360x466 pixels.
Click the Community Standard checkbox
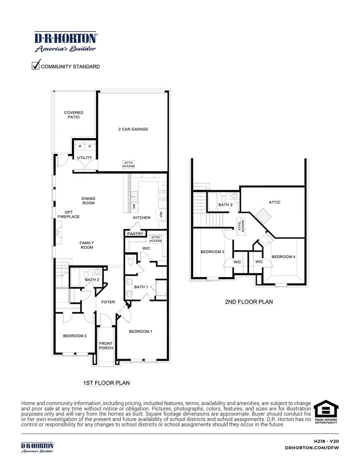pos(36,64)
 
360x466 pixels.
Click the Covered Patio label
pos(74,115)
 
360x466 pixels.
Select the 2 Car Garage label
pos(133,129)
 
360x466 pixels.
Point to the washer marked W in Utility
pos(80,147)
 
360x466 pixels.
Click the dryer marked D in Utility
pos(90,147)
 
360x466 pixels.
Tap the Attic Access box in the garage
pos(129,165)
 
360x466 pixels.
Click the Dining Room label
pos(88,201)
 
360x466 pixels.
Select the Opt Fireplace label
pos(69,214)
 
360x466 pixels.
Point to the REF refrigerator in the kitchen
pos(162,214)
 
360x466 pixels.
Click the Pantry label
pos(135,234)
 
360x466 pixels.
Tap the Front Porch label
pos(106,345)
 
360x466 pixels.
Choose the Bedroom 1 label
pos(140,331)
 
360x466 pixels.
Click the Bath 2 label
pos(92,279)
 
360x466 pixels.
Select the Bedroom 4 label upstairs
pos(283,257)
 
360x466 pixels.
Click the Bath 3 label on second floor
pos(225,205)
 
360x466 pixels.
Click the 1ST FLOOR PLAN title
pos(106,383)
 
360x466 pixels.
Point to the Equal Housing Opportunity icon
pos(326,412)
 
